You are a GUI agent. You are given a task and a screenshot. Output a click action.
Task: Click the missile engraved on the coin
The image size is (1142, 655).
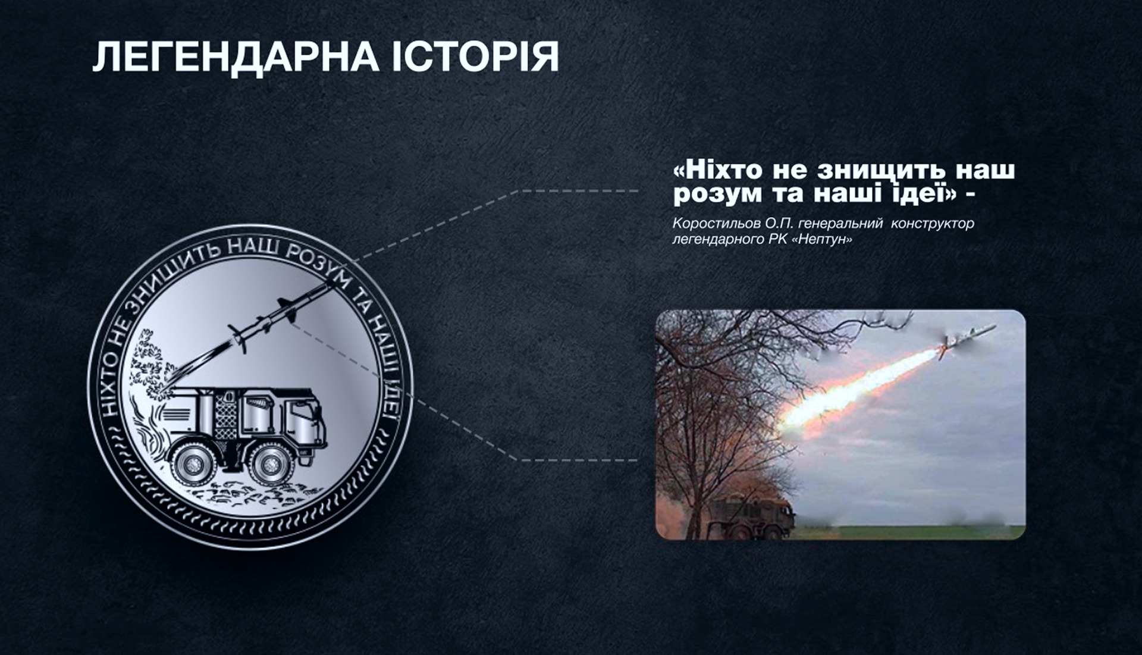(280, 315)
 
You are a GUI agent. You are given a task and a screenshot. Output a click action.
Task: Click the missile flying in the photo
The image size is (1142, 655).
(967, 340)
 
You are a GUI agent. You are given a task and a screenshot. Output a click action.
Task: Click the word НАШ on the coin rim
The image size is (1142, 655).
(254, 246)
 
